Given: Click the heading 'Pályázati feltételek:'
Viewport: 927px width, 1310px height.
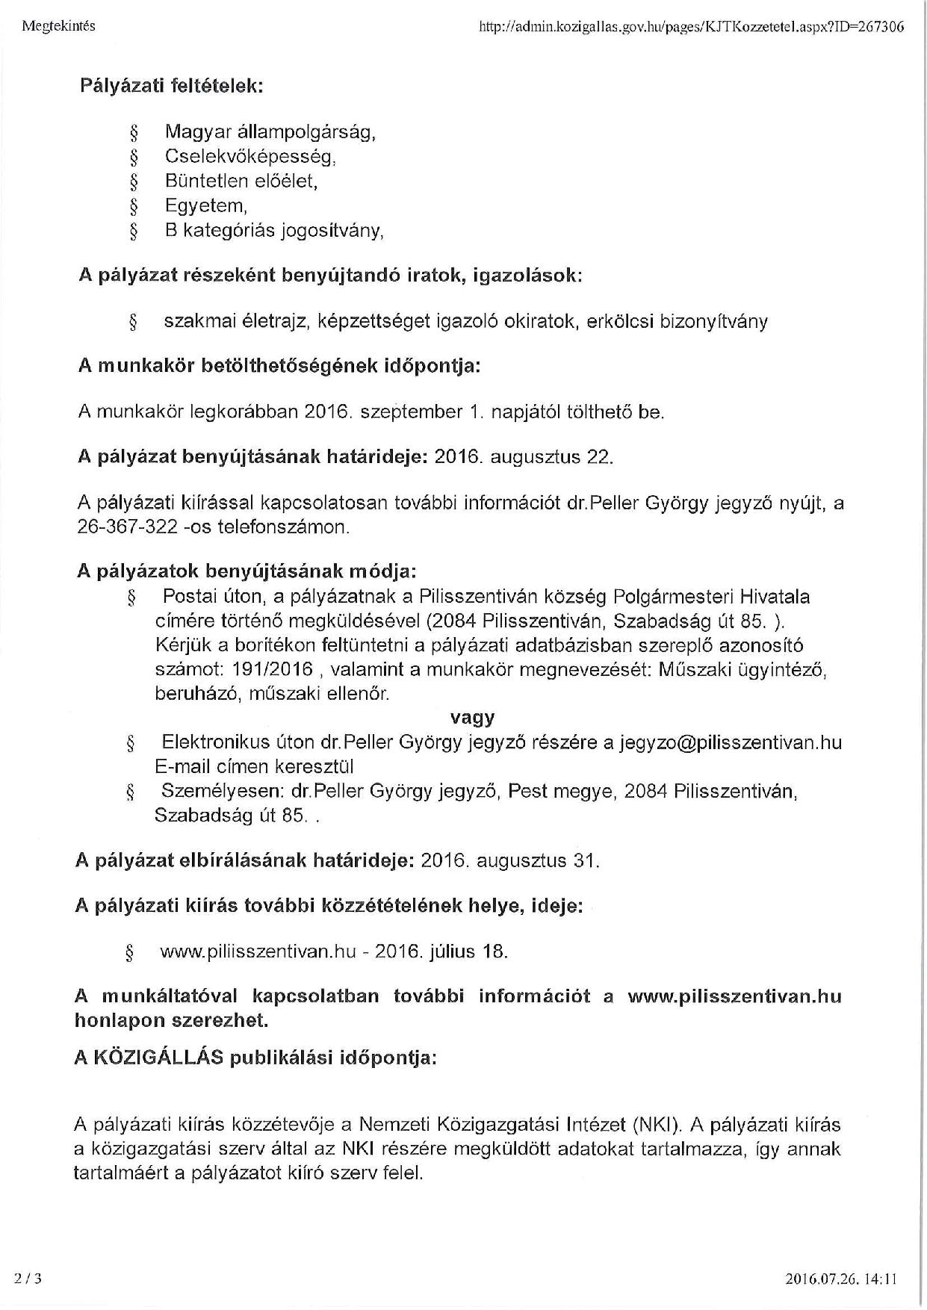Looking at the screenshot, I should pos(171,85).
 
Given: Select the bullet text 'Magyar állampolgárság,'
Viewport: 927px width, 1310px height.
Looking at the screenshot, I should pos(270,132).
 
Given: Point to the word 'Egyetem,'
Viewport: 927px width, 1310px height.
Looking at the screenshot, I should pos(205,205).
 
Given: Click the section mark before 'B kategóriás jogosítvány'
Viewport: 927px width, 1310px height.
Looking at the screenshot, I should pos(134,231).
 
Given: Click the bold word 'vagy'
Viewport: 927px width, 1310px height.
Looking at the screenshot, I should pos(472,718).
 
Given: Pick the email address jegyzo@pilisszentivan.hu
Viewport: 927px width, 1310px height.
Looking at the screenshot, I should pos(731,742).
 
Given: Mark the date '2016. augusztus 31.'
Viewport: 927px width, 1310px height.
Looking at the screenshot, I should pos(510,860).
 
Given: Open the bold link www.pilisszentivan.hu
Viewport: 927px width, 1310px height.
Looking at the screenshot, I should pos(734,996).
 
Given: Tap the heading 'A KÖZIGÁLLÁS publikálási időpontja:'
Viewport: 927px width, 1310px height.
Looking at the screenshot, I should pos(255,1058).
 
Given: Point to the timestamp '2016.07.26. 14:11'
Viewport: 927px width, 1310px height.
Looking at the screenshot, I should pos(841,1279).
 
